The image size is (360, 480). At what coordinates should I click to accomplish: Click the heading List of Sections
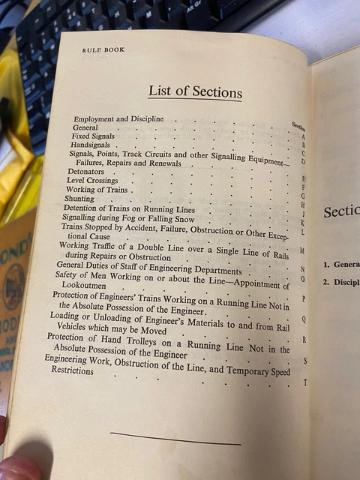(194, 92)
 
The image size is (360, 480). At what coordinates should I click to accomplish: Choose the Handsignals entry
(89, 145)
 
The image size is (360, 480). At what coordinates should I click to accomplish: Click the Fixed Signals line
(93, 136)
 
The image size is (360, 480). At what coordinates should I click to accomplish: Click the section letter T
(304, 383)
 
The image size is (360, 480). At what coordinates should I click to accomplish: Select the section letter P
(302, 298)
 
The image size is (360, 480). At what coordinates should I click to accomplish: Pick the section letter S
(304, 361)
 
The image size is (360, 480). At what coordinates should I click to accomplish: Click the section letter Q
(303, 319)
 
